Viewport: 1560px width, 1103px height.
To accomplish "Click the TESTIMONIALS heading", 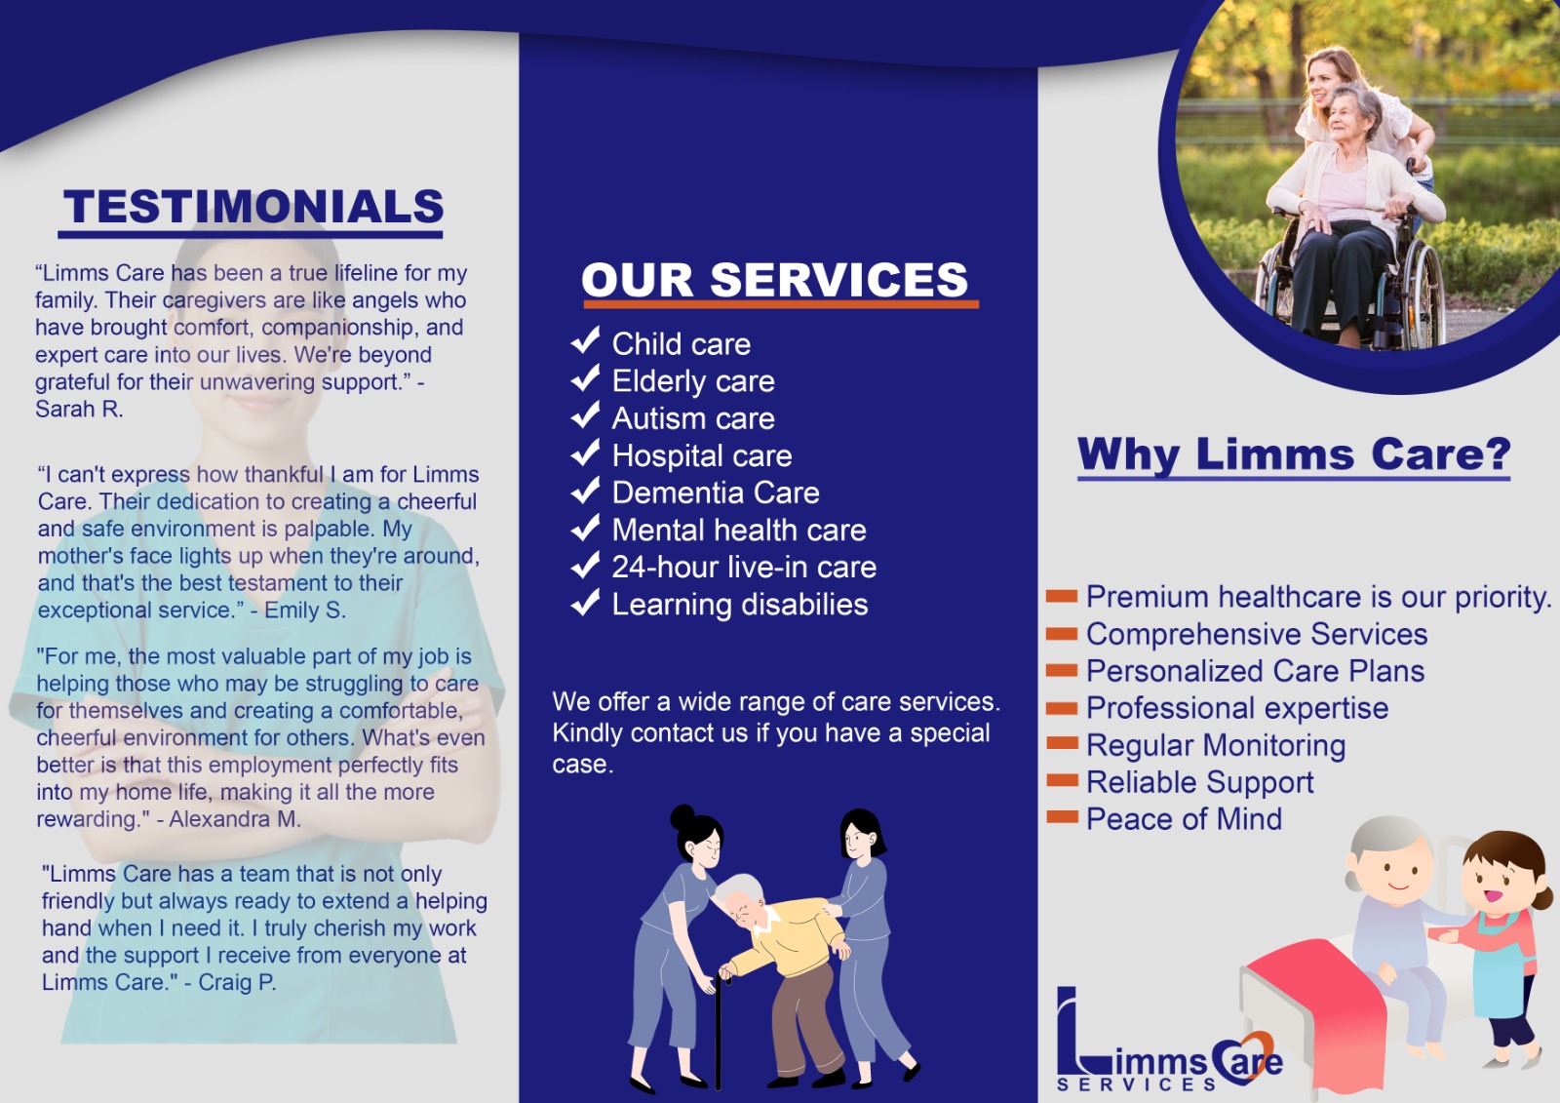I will (253, 207).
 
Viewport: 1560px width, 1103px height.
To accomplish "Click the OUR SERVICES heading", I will (775, 280).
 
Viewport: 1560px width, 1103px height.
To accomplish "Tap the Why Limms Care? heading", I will (1294, 454).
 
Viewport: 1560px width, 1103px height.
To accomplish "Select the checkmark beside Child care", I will (585, 340).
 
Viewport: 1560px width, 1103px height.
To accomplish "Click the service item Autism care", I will (693, 418).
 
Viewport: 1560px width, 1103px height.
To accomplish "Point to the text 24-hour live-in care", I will (744, 567).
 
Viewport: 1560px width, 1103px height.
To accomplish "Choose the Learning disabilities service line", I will (740, 605).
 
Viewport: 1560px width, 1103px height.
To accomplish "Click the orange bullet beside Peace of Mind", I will (1062, 817).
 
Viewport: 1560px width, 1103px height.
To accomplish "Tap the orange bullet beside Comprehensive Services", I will (1062, 633).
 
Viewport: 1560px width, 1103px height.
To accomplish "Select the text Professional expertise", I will (1237, 708).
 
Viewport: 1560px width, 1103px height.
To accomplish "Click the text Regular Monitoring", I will (1216, 745).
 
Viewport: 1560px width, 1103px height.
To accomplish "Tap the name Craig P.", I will (237, 982).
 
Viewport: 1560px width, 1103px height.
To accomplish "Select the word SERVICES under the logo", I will (1136, 1084).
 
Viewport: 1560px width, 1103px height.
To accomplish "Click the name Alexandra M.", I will (234, 819).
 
